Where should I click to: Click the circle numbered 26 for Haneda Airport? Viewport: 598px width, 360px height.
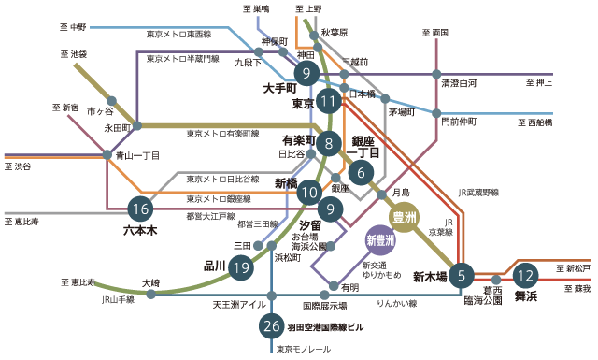271,326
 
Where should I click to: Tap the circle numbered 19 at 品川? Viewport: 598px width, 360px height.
242,267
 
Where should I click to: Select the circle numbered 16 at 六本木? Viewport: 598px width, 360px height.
140,209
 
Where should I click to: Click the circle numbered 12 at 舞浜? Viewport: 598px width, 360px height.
526,276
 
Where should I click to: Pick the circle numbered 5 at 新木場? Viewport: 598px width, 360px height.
461,275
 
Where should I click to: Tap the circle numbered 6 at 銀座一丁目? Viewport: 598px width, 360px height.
361,171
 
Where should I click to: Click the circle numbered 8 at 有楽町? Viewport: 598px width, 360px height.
329,144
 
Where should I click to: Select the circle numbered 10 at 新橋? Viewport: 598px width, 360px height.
310,193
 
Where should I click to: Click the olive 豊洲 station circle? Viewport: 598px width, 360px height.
404,218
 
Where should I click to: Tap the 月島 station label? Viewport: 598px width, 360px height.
401,192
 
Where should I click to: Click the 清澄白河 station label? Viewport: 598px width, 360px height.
460,83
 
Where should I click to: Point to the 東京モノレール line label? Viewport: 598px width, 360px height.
305,349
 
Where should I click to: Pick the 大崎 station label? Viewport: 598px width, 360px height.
150,281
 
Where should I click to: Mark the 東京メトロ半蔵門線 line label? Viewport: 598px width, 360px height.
183,58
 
